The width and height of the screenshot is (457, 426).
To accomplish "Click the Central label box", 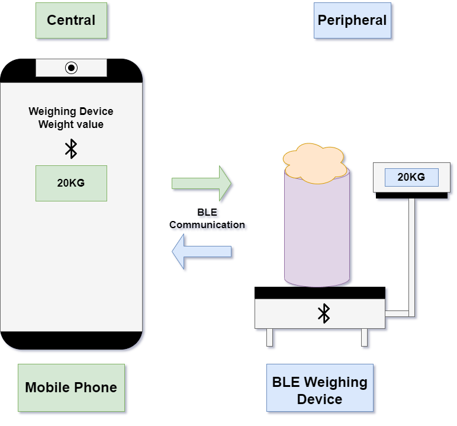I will point(71,21).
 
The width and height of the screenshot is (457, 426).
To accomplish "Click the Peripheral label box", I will point(352,21).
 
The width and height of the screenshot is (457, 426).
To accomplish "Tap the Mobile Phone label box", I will point(71,388).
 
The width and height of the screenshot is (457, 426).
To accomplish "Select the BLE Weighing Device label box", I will point(320,390).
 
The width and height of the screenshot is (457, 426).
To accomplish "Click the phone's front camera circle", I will point(71,68).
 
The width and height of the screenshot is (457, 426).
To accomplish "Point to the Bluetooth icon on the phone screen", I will point(71,149).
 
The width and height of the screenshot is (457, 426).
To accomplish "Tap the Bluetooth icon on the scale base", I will point(323,313).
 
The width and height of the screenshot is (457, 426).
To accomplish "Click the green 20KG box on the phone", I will point(71,183).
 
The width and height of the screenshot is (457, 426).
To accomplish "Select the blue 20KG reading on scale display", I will point(411,177).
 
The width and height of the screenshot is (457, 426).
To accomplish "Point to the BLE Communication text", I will point(208,219).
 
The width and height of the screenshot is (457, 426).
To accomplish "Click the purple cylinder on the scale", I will point(318,231).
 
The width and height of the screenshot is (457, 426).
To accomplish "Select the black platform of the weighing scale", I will point(319,293).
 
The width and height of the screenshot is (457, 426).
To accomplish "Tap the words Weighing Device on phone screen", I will point(71,111).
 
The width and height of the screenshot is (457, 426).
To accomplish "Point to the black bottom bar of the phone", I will point(71,341).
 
